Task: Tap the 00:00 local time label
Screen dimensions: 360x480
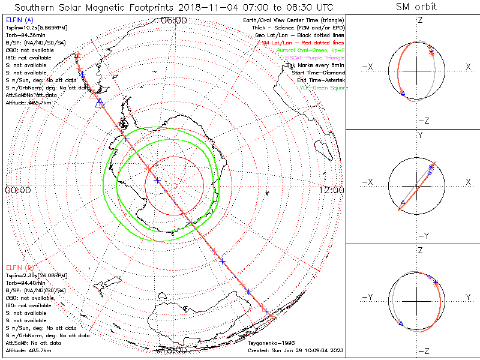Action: [x=17, y=190]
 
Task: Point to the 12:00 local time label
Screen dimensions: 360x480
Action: [x=332, y=190]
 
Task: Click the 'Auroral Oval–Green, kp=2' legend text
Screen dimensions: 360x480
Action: [x=311, y=50]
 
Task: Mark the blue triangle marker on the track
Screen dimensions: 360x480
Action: [x=100, y=103]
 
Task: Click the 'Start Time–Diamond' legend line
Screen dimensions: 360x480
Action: [x=318, y=73]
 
